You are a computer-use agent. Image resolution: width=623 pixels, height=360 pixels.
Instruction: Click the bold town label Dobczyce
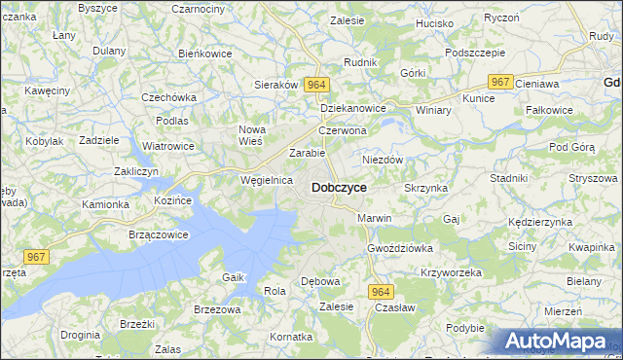coord(339,187)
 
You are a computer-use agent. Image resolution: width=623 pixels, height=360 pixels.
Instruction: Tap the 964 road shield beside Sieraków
coord(314,86)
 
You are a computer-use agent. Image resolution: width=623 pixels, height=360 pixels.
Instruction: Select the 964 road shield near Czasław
coord(381,291)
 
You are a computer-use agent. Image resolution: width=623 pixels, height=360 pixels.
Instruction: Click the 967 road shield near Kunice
coord(501,83)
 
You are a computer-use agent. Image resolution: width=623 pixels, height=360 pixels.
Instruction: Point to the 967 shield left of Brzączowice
coord(36,256)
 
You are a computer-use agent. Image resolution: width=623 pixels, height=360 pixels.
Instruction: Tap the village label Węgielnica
coord(267,180)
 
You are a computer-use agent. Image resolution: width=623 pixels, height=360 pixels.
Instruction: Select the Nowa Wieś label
coord(252,135)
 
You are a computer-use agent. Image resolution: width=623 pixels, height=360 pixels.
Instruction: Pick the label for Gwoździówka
coord(400,248)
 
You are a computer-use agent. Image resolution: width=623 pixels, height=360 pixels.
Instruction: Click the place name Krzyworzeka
coord(452,272)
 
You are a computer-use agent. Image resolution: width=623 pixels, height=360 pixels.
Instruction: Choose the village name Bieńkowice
coord(204,54)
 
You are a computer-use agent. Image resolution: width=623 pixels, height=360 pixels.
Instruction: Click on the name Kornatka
coord(292,337)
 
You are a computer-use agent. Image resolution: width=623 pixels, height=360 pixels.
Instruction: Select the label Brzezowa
coord(217,309)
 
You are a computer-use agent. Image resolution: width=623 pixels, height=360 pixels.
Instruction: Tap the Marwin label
coord(374,218)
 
